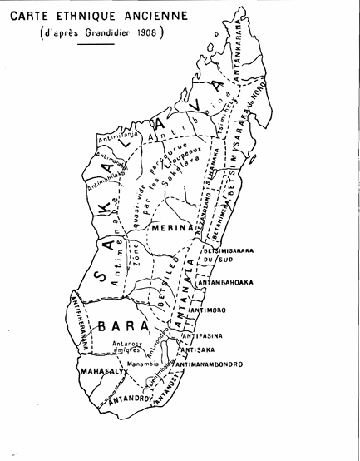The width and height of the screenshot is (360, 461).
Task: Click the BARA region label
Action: click(111, 325)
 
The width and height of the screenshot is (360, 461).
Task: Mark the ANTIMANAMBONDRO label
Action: click(207, 364)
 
